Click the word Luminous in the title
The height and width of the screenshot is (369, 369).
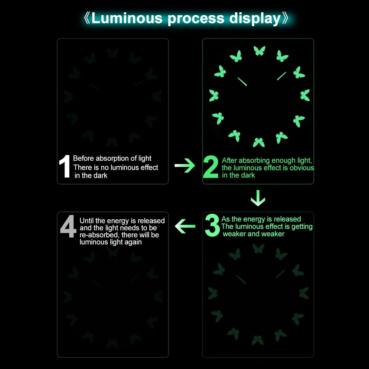[x=127, y=18]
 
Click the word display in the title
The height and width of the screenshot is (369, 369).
[x=255, y=19]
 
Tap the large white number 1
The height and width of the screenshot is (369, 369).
[x=65, y=166]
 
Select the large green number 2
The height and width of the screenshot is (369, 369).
[x=211, y=167]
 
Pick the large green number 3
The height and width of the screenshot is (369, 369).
[x=212, y=225]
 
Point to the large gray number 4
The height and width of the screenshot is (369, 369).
[x=68, y=226]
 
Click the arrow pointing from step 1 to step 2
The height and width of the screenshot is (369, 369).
[x=185, y=165]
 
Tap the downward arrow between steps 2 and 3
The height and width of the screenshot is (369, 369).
[x=258, y=198]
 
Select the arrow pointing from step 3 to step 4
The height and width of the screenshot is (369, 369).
[x=185, y=226]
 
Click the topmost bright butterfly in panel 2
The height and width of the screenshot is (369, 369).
[x=260, y=50]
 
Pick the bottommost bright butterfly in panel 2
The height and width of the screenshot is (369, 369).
[x=259, y=142]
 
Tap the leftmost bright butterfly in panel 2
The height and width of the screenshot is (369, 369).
[x=214, y=95]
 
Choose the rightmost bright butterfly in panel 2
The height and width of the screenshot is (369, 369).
[x=305, y=95]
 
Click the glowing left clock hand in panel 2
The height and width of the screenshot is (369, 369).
[x=242, y=82]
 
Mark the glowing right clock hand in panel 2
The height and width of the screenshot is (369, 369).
[x=281, y=76]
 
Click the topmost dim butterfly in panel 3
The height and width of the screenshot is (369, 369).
[x=258, y=248]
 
